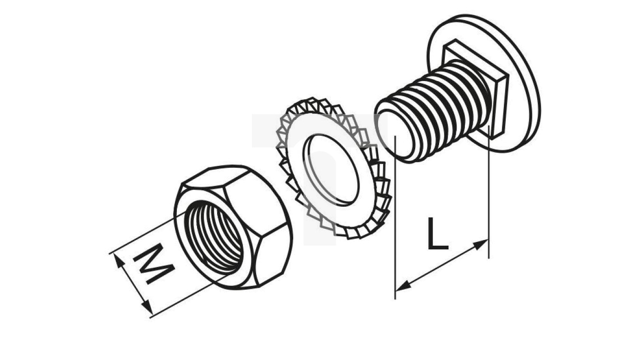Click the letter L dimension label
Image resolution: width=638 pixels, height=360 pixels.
[438, 233]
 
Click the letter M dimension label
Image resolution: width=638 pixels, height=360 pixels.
[153, 263]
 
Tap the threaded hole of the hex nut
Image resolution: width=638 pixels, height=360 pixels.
[214, 238]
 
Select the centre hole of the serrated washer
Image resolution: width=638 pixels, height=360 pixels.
[331, 170]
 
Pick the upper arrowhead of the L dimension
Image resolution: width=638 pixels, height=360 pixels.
[480, 245]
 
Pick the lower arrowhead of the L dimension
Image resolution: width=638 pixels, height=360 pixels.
[403, 286]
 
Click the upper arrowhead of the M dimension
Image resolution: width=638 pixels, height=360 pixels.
[118, 261]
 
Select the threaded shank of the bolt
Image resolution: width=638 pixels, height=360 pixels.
[439, 111]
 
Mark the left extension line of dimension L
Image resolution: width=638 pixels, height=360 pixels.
[395, 217]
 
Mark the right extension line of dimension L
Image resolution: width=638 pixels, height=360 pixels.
[489, 192]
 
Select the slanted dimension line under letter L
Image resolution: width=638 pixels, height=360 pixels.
[442, 265]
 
